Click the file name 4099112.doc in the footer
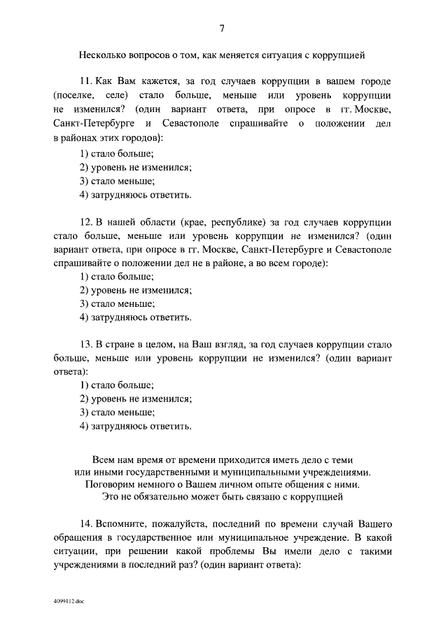[68, 600]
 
